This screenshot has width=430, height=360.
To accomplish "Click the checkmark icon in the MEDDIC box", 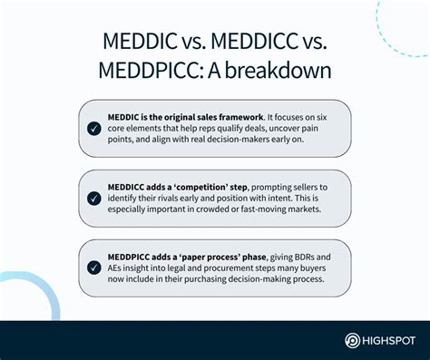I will (94, 129).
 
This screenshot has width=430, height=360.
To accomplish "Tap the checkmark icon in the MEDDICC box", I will (94, 198).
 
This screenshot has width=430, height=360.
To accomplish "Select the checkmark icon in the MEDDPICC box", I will (94, 267).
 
